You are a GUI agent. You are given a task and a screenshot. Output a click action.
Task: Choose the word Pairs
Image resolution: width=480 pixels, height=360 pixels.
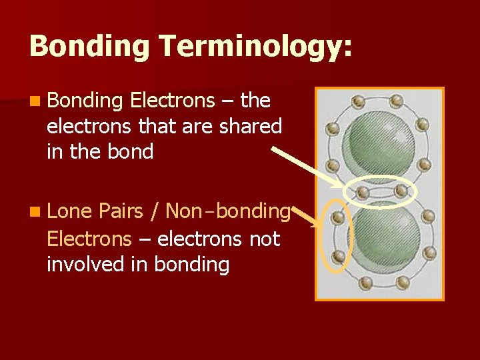point(123,211)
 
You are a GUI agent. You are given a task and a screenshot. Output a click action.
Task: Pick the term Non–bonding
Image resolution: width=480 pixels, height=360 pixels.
point(227,211)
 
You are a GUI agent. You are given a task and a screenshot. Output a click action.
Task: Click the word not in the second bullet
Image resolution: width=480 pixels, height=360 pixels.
point(264,238)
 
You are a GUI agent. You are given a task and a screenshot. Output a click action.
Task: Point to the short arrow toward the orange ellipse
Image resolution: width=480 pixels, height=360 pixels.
point(305,215)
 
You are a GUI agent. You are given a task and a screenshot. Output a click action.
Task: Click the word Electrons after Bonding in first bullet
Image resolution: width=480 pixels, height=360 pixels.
point(173,101)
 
